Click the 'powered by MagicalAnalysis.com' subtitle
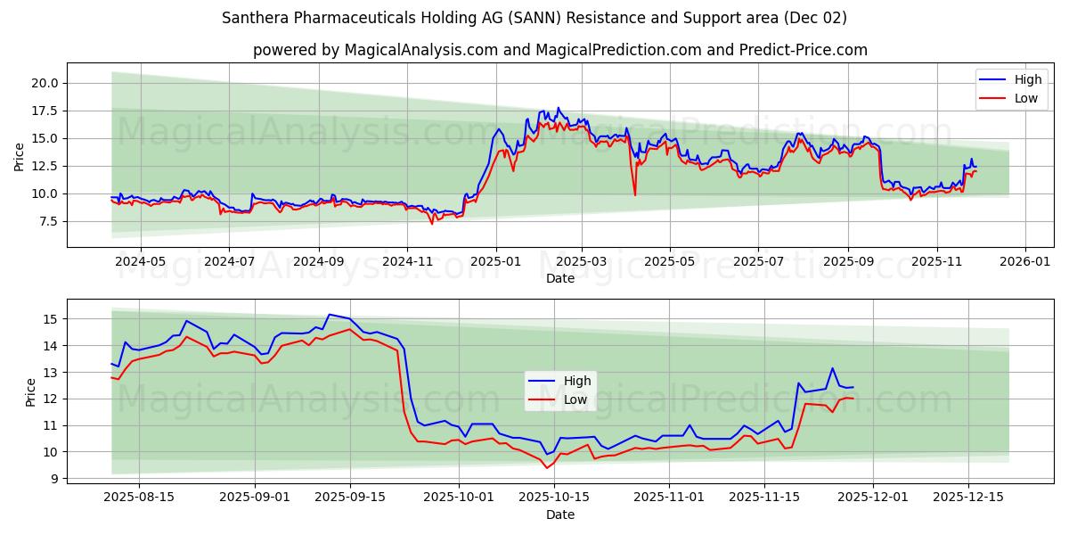(559, 50)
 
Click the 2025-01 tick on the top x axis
(495, 262)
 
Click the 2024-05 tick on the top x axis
(141, 262)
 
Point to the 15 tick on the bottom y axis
(50, 319)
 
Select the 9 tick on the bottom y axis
(53, 479)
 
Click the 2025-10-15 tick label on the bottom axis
(554, 498)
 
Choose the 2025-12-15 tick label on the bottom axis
(967, 498)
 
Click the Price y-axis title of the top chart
(20, 157)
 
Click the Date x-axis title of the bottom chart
(559, 514)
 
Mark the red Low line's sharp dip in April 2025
(634, 194)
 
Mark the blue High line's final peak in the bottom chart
(832, 368)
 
